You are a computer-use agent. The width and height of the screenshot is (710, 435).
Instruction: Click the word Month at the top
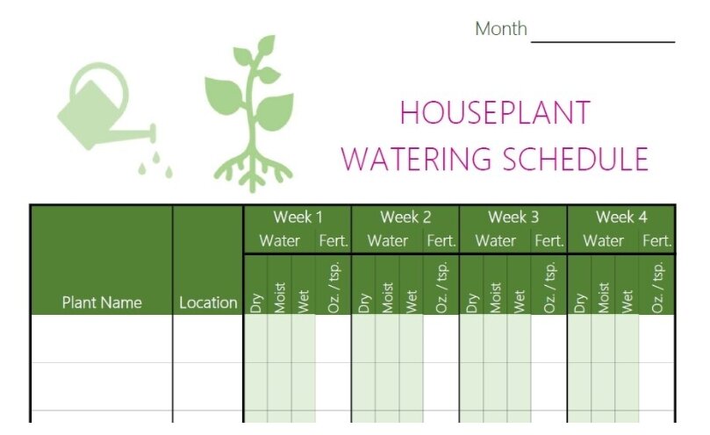(x=501, y=29)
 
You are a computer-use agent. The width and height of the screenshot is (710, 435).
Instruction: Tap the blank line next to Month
(x=603, y=41)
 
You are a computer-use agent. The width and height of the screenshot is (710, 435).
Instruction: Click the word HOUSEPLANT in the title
(x=495, y=112)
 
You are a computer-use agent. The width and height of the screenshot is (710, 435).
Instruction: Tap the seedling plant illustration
(x=250, y=113)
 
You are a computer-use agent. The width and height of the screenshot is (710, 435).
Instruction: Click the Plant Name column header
(x=102, y=303)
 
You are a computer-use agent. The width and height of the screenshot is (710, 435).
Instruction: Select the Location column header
(x=208, y=303)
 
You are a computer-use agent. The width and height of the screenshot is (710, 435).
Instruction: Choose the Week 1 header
(x=298, y=217)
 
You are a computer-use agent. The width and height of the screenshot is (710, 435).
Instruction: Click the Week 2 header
(x=405, y=217)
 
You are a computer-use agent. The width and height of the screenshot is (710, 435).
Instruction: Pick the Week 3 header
(x=513, y=217)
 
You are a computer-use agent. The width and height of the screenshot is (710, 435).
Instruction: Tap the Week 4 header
(x=621, y=217)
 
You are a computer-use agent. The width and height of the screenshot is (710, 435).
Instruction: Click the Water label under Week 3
(x=495, y=241)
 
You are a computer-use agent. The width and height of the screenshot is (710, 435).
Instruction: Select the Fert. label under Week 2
(x=441, y=241)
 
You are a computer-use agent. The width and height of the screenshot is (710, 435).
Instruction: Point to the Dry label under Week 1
(x=256, y=303)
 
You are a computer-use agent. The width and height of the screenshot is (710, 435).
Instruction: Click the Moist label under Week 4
(x=604, y=298)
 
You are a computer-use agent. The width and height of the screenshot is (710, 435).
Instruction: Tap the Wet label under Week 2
(x=411, y=302)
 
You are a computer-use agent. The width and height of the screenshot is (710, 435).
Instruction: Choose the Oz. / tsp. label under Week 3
(x=549, y=287)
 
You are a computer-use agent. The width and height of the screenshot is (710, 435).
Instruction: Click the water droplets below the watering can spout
(x=155, y=165)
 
